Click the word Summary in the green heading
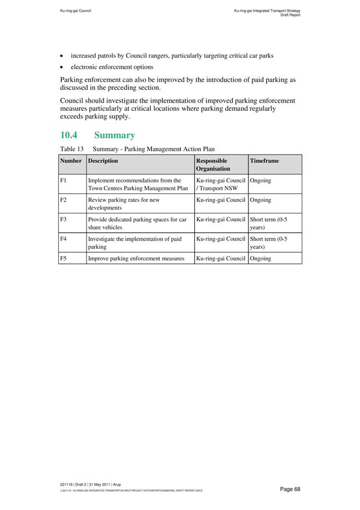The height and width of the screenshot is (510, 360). (114, 135)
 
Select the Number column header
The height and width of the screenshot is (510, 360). (70, 161)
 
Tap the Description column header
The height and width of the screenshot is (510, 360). (103, 161)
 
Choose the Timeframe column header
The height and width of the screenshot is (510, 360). (265, 161)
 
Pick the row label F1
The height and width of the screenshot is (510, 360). (63, 181)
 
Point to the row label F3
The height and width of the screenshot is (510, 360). (63, 220)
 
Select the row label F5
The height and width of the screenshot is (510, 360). (63, 258)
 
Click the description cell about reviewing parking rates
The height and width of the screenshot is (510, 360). (124, 203)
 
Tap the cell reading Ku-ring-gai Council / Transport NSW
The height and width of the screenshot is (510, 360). (221, 184)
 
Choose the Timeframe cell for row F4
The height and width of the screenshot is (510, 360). (268, 243)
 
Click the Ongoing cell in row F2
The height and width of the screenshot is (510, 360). (261, 200)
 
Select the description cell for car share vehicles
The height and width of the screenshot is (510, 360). (137, 223)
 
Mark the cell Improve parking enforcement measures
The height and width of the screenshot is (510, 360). (136, 258)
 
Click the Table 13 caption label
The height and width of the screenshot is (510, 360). (72, 149)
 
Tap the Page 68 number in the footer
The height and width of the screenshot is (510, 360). (290, 489)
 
